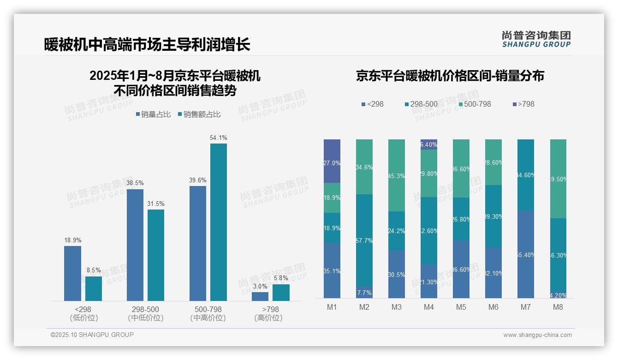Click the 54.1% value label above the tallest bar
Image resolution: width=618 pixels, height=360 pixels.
218,138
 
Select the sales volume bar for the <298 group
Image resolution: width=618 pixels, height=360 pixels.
72,273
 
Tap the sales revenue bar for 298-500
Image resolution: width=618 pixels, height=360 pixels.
156,255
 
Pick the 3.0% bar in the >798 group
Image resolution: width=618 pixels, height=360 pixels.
260,296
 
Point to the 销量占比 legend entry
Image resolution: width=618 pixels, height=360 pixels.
154,114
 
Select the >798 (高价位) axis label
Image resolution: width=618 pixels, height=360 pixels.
268,313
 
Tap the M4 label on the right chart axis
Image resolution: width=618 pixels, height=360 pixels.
429,307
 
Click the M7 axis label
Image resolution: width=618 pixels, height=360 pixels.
526,307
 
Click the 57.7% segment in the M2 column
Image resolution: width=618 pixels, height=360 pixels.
364,240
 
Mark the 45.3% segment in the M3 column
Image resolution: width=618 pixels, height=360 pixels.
397,175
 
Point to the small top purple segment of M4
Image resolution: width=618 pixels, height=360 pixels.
429,144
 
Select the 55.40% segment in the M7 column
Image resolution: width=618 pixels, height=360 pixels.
526,254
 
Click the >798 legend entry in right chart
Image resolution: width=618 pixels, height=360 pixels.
523,104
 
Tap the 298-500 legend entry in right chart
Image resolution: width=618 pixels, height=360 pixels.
421,104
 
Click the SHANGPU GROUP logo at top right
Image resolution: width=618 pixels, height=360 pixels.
536,39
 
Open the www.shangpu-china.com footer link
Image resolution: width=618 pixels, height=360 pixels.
537,335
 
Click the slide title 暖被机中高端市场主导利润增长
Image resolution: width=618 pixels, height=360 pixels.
147,45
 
